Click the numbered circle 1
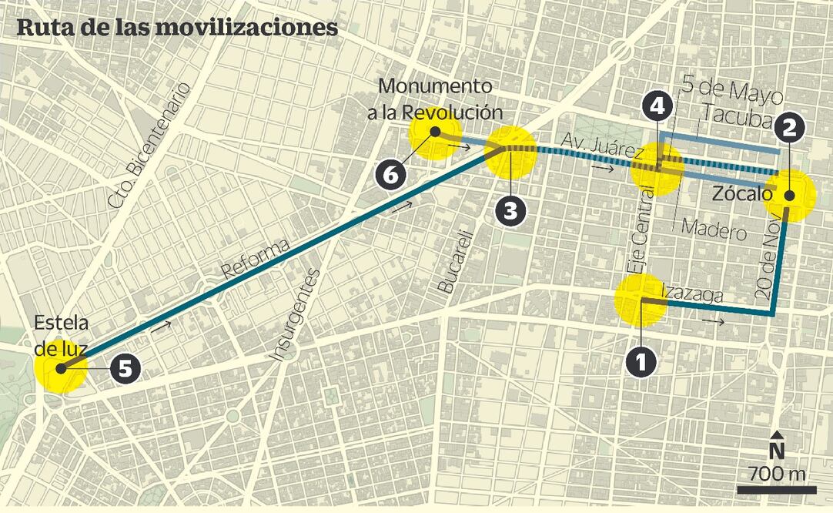pos(641,361)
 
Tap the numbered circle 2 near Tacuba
pos(788,128)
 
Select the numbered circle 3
pos(510,209)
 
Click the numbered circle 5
pos(125,368)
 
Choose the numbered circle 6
pos(392,174)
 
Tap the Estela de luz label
pos(62,334)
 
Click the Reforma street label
pos(256,258)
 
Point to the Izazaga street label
pos(692,293)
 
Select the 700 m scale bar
pos(776,488)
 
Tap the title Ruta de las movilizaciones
pos(178,27)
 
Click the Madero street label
pos(714,231)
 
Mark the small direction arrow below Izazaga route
pos(713,321)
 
